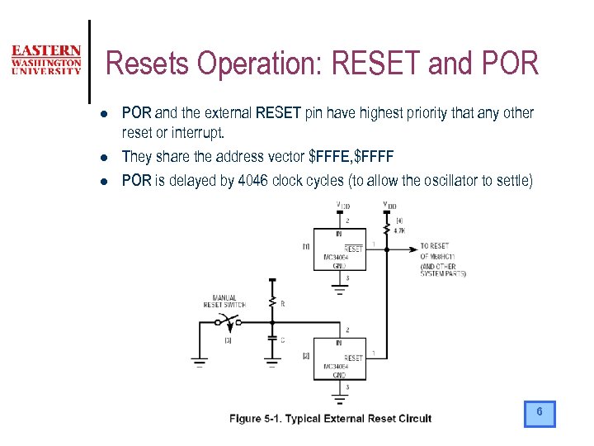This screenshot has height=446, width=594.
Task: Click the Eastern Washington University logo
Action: point(46,60)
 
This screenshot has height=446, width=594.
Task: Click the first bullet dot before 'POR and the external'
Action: point(97,113)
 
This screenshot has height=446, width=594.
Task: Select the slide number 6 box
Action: point(540,413)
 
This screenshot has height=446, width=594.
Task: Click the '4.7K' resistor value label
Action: point(398,231)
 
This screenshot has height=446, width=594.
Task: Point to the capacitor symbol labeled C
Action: point(271,339)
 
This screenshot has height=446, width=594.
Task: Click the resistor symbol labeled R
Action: point(271,303)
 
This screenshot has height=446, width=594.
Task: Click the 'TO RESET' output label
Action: point(435,246)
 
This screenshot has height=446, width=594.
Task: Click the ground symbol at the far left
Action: point(199,360)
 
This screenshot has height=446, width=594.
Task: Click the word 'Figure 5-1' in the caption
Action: point(255,419)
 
